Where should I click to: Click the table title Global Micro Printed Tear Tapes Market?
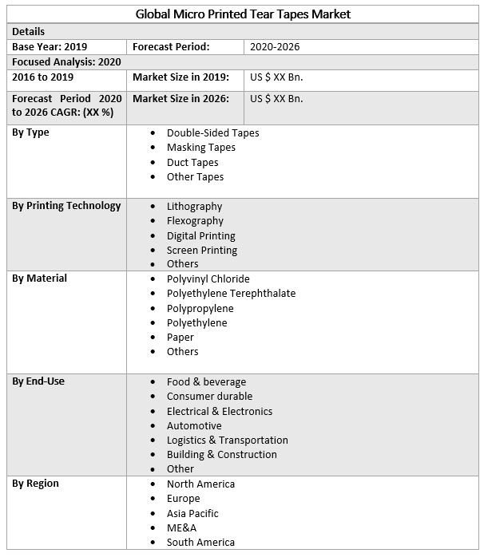(x=243, y=14)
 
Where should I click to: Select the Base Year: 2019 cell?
(x=50, y=47)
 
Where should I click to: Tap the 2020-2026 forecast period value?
(x=275, y=47)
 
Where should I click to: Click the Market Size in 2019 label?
(x=181, y=77)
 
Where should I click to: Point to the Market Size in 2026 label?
(x=181, y=99)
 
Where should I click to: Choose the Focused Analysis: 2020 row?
(x=66, y=61)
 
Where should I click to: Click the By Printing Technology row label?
(x=66, y=206)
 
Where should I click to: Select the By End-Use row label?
(x=38, y=381)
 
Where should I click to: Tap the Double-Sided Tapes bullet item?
(x=212, y=132)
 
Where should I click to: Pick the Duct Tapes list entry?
(x=192, y=162)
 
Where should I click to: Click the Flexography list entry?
(x=195, y=221)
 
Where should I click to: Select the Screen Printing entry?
(x=202, y=250)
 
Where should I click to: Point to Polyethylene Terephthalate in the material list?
(x=231, y=293)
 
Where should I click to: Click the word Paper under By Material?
(x=181, y=337)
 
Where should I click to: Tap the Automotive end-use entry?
(x=194, y=425)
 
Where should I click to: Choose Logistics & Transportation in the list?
(x=227, y=440)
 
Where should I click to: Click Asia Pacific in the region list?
(x=192, y=513)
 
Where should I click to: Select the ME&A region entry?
(x=181, y=527)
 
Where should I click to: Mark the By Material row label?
(x=39, y=278)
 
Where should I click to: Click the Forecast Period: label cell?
(x=171, y=47)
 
